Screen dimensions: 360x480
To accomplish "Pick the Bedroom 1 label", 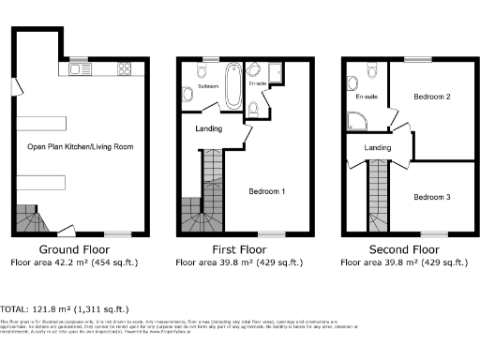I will [267, 191].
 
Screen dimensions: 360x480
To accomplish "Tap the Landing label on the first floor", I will [210, 128].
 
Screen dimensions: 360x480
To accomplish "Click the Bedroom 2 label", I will [433, 97].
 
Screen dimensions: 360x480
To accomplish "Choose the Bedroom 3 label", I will [432, 197].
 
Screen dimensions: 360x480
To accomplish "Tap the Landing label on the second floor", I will [378, 148].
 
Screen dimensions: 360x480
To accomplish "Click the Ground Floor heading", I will [70, 250].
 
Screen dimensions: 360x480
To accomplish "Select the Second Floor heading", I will [403, 250].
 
